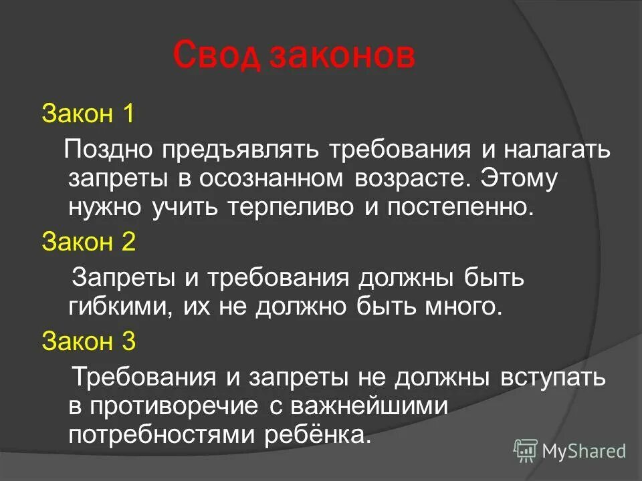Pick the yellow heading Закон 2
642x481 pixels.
coord(88,241)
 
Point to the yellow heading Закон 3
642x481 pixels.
coord(88,341)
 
